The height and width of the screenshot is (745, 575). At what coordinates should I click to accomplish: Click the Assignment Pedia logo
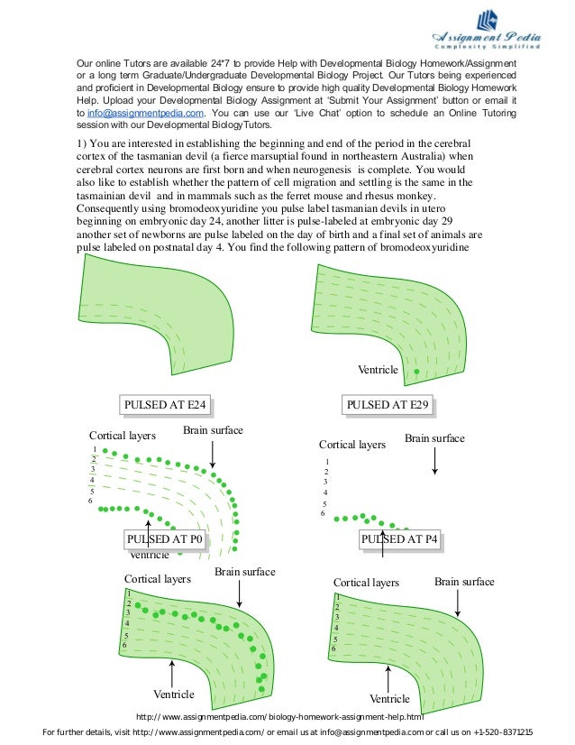[487, 31]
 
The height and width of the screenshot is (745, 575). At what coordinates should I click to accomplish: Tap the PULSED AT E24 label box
[167, 405]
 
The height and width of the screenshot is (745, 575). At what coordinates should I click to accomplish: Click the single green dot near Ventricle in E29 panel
[416, 372]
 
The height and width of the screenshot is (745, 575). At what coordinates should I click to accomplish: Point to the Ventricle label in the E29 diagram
[379, 371]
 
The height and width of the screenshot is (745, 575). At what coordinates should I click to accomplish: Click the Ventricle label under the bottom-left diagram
[174, 694]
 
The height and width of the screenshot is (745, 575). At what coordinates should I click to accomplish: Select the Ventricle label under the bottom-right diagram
[389, 699]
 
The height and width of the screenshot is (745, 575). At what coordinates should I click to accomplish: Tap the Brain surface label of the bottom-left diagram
[245, 573]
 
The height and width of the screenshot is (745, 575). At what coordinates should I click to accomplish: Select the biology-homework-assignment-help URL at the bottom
[279, 717]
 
